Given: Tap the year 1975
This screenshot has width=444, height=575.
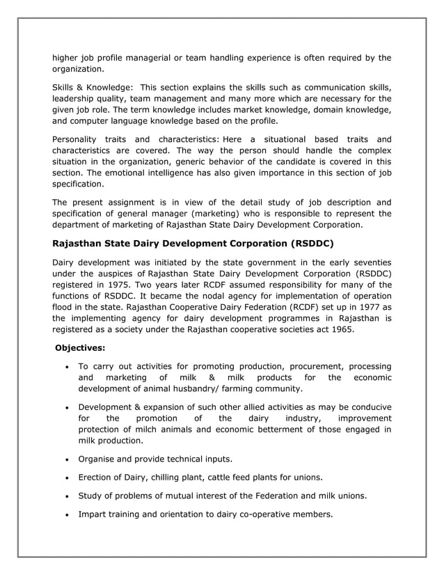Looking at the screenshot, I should [x=123, y=285].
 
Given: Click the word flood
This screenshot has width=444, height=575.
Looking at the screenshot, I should [x=63, y=308].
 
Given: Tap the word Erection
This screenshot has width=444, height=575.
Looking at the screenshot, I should [x=97, y=478].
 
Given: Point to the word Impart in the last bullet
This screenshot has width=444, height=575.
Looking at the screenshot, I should [x=94, y=514].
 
